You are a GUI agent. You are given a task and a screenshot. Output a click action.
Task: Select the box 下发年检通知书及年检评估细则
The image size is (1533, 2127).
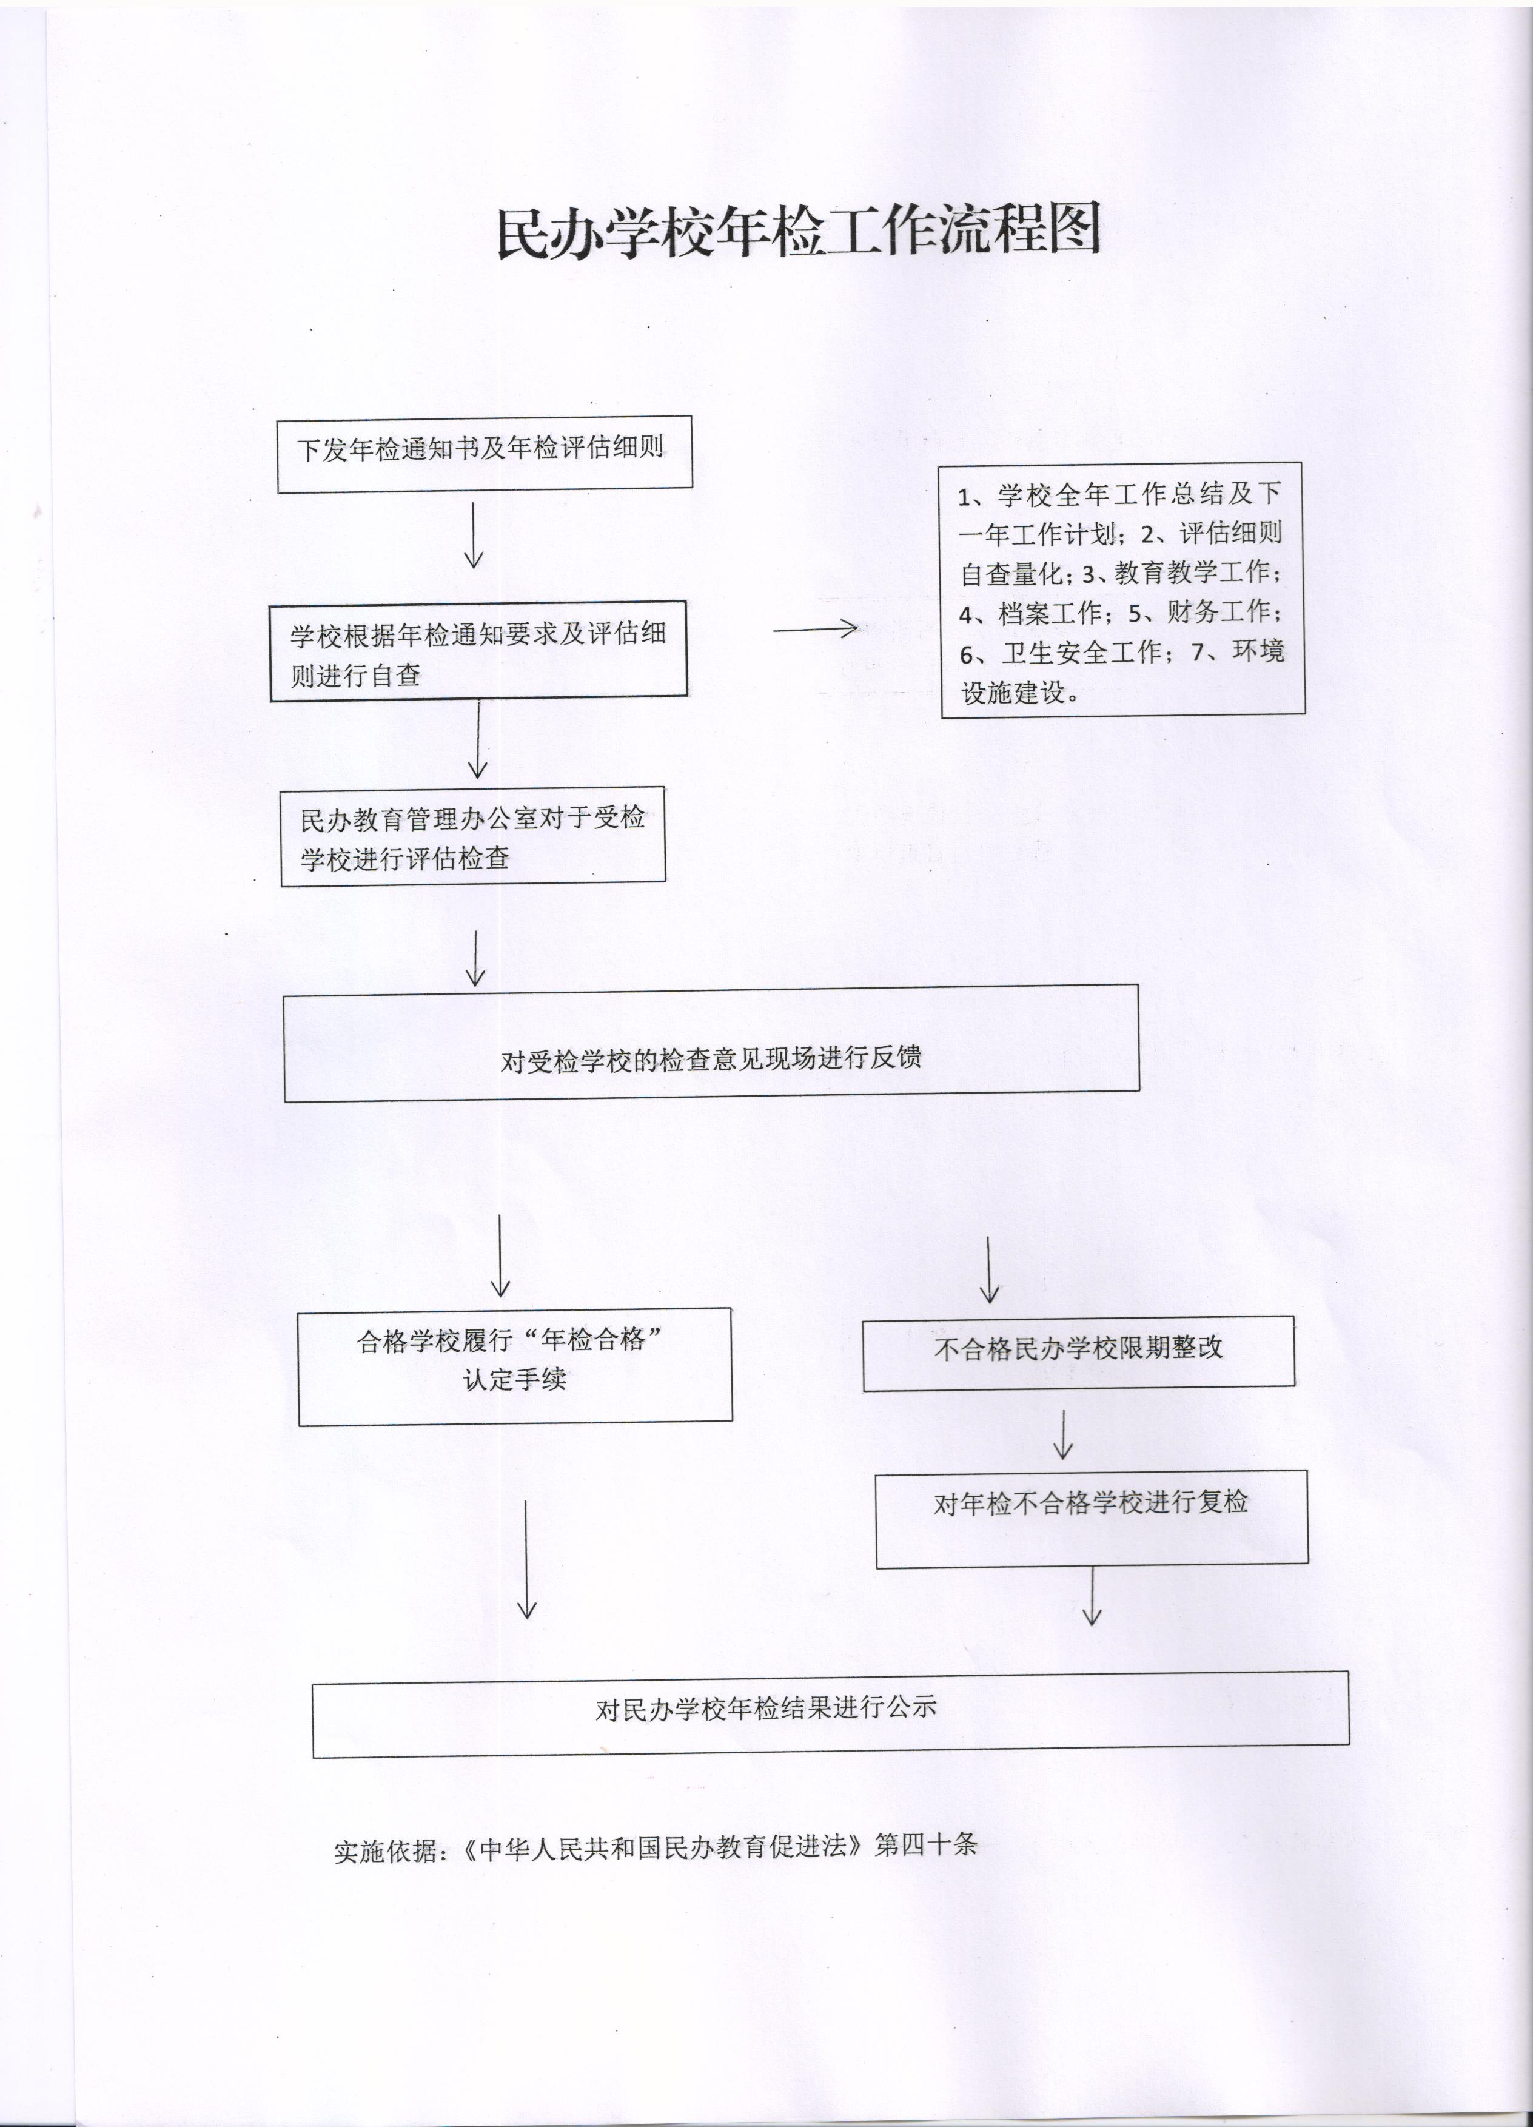pos(485,454)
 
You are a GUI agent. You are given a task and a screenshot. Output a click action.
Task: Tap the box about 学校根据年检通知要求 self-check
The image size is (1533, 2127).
pos(478,651)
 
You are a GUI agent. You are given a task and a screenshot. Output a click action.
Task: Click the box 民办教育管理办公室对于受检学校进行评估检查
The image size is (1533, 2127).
pos(474,836)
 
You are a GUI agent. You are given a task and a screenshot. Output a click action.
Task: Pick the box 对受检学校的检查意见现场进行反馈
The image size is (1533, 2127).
pos(712,1043)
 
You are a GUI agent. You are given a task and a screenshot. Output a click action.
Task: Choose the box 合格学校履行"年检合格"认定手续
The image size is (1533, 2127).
pos(515,1366)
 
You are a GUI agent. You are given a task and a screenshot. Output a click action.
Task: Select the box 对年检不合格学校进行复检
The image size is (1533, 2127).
pos(1092,1518)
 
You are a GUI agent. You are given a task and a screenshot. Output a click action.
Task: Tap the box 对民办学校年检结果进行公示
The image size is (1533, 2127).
pos(831,1715)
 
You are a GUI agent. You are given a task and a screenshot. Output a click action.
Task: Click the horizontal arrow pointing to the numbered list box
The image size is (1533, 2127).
pos(815,630)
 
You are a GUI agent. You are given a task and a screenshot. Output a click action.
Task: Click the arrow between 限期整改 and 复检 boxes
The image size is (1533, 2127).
pos(1062,1434)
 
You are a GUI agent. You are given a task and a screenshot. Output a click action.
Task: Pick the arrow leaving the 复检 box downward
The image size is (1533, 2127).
pos(1092,1596)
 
